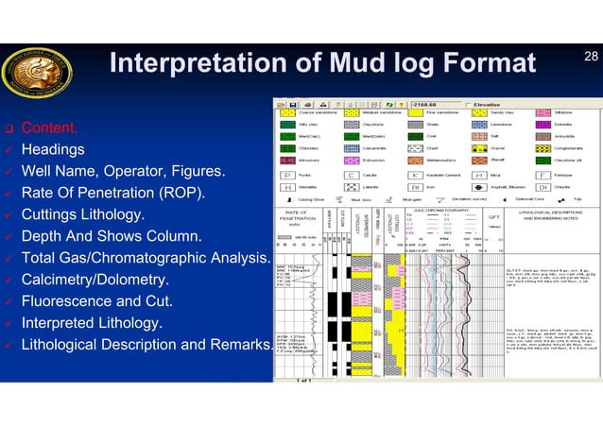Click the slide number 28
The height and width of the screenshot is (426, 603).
pyautogui.click(x=590, y=59)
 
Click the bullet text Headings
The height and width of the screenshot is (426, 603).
pyautogui.click(x=53, y=149)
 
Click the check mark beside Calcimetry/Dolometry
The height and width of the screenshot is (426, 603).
pyautogui.click(x=9, y=281)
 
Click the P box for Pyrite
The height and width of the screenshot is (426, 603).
pyautogui.click(x=285, y=175)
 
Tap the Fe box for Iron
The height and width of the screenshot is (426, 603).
pyautogui.click(x=415, y=187)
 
